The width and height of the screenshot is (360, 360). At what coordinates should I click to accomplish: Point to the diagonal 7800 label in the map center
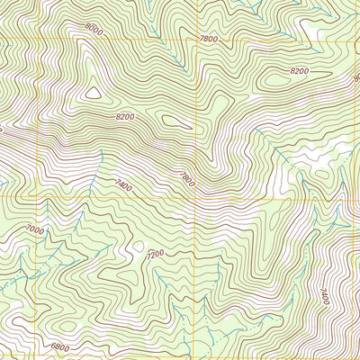[x=188, y=181]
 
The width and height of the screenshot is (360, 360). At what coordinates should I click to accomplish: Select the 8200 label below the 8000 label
[x=124, y=117]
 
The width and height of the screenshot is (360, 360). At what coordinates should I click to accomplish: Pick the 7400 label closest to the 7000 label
[x=123, y=185]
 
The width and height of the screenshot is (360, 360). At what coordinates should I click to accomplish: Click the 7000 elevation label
[x=34, y=230]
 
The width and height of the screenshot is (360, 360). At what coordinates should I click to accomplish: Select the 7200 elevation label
[x=154, y=256]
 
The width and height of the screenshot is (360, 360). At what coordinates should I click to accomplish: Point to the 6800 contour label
[x=59, y=346]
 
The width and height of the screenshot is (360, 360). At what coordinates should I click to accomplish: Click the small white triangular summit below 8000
[x=92, y=91]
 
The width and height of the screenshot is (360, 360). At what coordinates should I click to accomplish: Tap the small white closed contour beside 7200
[x=137, y=245]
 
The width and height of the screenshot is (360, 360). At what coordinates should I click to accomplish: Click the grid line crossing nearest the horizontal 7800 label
[x=195, y=41]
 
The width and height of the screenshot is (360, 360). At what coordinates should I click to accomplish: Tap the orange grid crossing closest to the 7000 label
[x=36, y=196]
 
